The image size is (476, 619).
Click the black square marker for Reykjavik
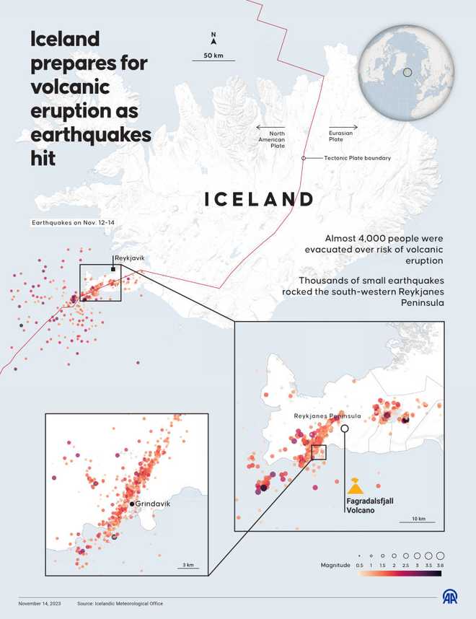(x=113, y=269)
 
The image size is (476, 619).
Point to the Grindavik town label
(x=153, y=504)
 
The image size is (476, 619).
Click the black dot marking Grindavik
(x=133, y=504)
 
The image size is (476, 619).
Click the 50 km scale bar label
(x=213, y=56)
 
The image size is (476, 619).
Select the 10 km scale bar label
(x=419, y=519)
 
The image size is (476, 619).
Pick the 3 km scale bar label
(x=188, y=564)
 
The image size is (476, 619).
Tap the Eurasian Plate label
(x=340, y=136)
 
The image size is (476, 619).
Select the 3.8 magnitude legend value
(x=440, y=566)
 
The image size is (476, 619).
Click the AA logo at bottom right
(x=449, y=597)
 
